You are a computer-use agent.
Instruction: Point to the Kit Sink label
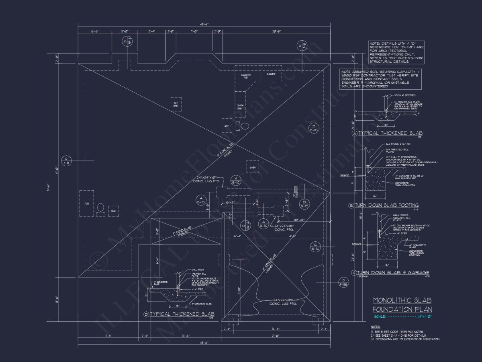[x=176, y=104]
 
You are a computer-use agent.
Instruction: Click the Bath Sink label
[x=240, y=107]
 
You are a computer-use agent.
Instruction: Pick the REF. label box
[x=227, y=125]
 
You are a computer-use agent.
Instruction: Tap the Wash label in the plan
[x=253, y=167]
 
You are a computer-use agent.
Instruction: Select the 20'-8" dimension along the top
[x=276, y=31]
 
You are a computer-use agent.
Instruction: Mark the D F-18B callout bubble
[x=343, y=282]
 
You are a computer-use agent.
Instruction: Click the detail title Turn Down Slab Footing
[x=386, y=205]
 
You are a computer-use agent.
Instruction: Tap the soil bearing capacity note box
[x=380, y=78]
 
